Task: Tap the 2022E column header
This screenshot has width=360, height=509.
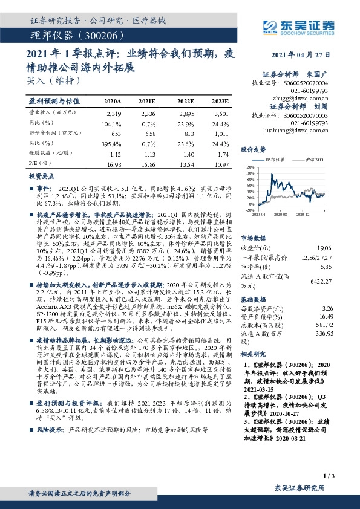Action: tap(186, 102)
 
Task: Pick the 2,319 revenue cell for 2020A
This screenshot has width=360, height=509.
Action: tap(113, 113)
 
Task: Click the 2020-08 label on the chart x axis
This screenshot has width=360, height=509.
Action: tap(280, 213)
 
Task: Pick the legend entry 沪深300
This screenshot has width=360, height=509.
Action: tap(313, 159)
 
